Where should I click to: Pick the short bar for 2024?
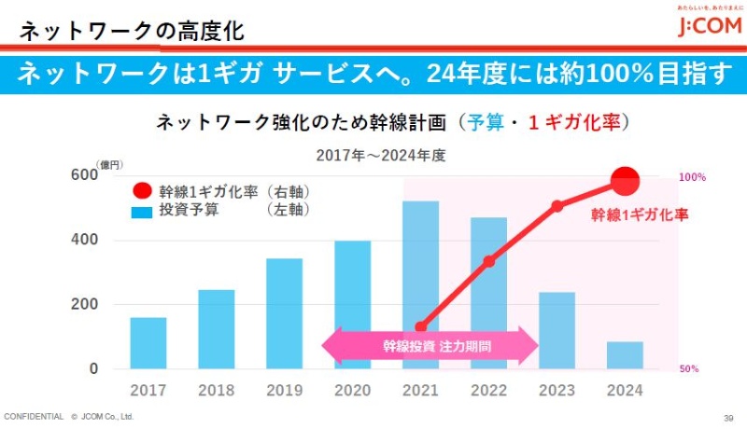coord(625,355)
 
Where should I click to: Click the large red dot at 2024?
coord(625,180)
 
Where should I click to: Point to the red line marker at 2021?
coord(420,326)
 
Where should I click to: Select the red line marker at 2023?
coord(557,206)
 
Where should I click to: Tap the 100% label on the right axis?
coord(691,177)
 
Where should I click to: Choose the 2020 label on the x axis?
coord(352,390)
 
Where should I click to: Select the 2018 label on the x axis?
coord(216,390)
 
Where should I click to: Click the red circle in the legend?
coord(141,191)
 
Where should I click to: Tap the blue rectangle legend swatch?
coord(142,212)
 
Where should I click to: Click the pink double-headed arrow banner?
coord(430,346)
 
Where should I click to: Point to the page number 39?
coord(728,417)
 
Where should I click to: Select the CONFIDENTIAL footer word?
coord(34,416)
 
